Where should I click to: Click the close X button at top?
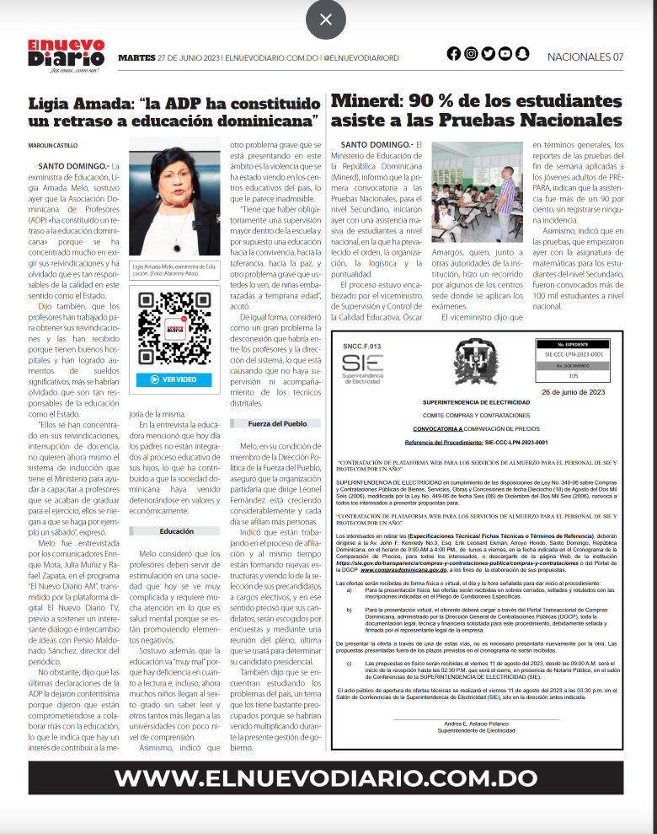click(x=326, y=19)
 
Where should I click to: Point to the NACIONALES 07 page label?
click(x=585, y=56)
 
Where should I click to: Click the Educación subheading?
click(x=177, y=531)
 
